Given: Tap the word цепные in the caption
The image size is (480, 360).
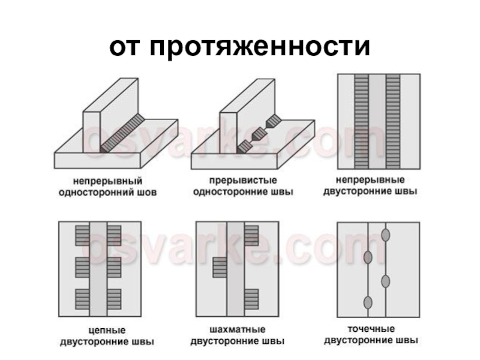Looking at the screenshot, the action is [107, 330].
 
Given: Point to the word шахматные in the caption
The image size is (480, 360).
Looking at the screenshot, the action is [238, 330].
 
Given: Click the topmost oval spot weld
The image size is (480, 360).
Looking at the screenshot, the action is [385, 233].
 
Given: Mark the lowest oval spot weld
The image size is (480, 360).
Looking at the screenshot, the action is [368, 301].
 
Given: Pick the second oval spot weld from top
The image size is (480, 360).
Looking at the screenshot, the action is [368, 257].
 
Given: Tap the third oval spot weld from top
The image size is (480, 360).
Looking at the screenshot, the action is [385, 280].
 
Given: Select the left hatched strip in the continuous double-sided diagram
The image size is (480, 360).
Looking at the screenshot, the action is [361, 122].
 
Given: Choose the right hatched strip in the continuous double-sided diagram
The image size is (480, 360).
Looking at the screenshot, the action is [394, 122].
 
